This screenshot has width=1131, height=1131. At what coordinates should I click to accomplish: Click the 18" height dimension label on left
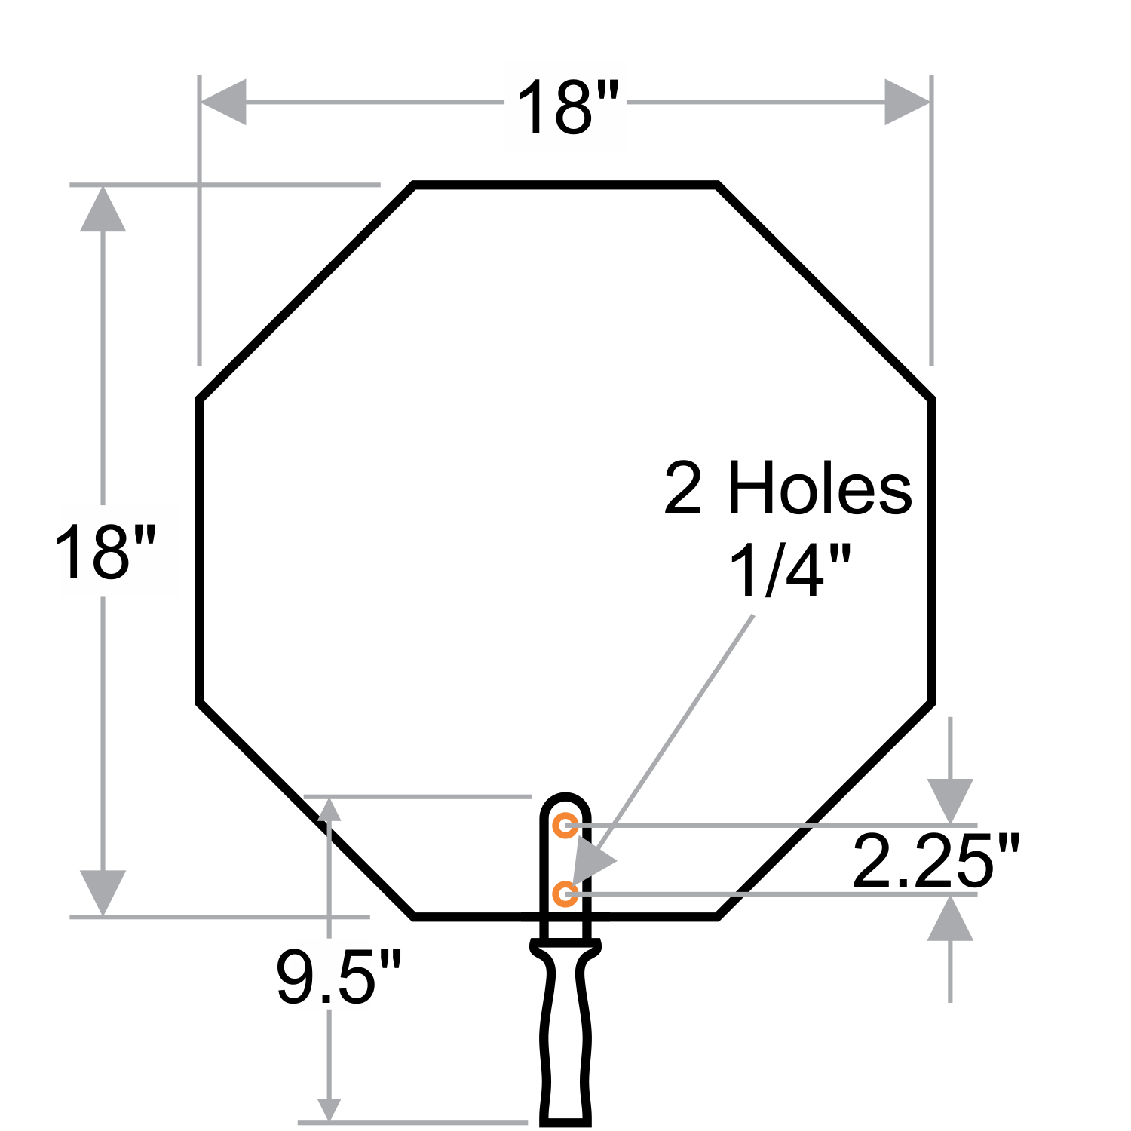pos(105,553)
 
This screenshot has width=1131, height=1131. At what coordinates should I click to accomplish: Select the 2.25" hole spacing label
pos(936,860)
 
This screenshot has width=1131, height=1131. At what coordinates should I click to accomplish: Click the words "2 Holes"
pos(788,489)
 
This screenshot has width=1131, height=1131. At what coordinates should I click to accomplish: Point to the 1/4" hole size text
pos(789,571)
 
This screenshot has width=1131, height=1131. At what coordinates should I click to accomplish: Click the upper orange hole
pos(565,826)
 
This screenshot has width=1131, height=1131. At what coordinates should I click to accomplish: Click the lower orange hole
pos(565,894)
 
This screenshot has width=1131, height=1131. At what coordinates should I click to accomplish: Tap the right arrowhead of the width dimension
pos(907,101)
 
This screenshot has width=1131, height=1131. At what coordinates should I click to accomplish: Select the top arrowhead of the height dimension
pos(103,209)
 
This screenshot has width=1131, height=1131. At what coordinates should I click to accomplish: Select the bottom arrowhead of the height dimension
pos(103,893)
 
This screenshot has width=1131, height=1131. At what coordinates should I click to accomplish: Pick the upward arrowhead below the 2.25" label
pos(950,918)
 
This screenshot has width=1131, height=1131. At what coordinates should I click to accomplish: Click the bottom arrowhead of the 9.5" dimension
pos(329,1109)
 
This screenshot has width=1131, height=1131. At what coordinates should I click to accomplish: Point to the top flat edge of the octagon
pos(565,183)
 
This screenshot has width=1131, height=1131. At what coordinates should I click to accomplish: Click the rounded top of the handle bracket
pos(565,798)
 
